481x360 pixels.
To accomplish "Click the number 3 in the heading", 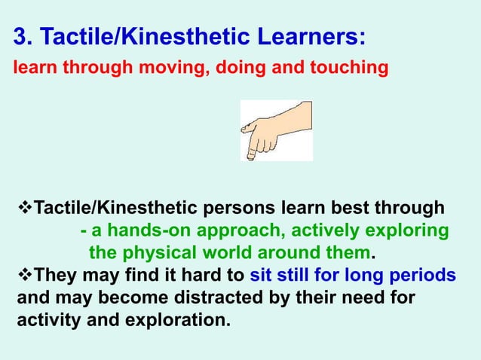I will pos(21,37).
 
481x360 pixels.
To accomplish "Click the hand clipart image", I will pos(276,130).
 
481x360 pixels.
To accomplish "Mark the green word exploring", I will pos(411,230).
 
